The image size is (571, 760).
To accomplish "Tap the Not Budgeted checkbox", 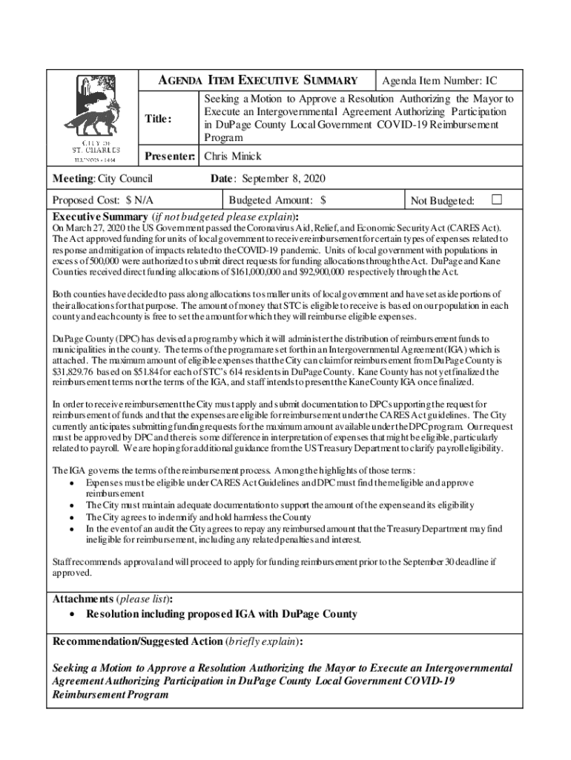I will [x=497, y=199].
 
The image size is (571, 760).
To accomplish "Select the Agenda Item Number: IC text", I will [x=440, y=81].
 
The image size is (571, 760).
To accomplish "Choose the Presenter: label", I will [x=169, y=157].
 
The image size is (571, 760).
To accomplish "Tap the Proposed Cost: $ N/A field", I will [x=103, y=200].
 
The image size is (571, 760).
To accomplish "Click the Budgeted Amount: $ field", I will [x=277, y=200].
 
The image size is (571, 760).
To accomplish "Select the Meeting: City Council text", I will [x=102, y=179].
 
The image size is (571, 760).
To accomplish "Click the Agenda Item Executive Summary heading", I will [x=259, y=81].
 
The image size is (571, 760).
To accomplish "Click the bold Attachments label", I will [x=82, y=599].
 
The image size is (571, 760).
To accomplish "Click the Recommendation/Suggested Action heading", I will [x=136, y=641].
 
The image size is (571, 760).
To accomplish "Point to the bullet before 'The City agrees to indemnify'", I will [x=70, y=517].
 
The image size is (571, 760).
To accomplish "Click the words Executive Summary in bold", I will [x=100, y=216].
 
